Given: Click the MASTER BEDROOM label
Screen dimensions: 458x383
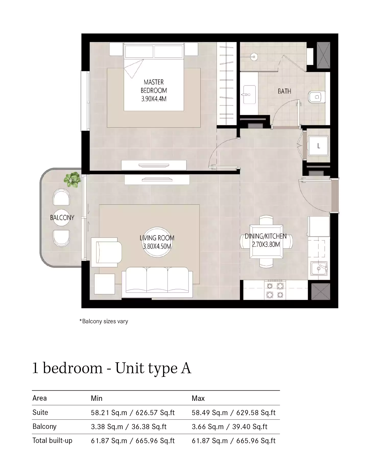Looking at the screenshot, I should click(x=154, y=86).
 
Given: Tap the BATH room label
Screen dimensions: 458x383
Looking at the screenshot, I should click(x=284, y=91).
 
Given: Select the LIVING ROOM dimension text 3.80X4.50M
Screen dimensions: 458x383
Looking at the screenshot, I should click(x=157, y=246).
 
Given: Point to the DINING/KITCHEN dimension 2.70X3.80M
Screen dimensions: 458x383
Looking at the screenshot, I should click(x=266, y=244).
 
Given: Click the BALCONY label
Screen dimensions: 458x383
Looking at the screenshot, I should click(x=62, y=218).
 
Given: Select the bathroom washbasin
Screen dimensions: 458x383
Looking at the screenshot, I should click(x=249, y=95).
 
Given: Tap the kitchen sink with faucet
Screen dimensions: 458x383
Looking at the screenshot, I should click(x=319, y=268).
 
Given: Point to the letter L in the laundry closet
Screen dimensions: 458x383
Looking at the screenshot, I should click(x=318, y=146).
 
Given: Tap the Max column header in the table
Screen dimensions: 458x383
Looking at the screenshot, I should click(x=198, y=398).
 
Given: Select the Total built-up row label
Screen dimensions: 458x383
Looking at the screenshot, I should click(x=52, y=440).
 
